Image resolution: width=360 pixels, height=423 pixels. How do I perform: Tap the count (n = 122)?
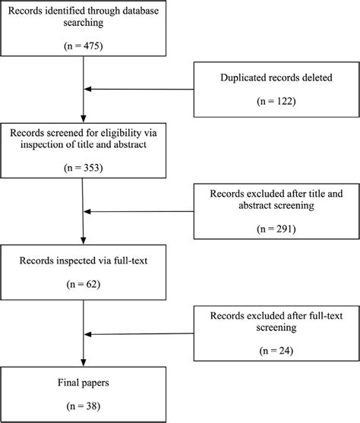click(x=276, y=99)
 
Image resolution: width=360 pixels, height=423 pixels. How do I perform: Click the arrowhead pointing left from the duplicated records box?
click(x=87, y=90)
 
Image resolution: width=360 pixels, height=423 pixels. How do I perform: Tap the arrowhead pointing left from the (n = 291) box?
click(x=87, y=216)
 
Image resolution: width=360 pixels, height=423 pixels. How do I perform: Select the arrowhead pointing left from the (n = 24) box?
click(x=87, y=333)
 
